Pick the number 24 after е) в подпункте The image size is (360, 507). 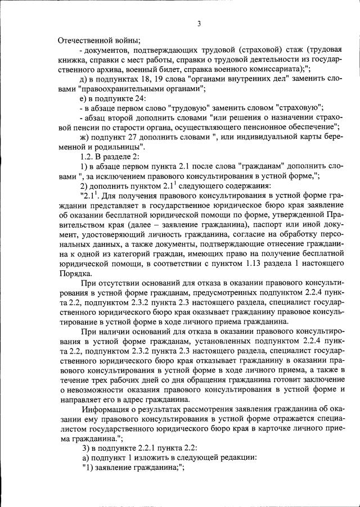click(135, 98)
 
